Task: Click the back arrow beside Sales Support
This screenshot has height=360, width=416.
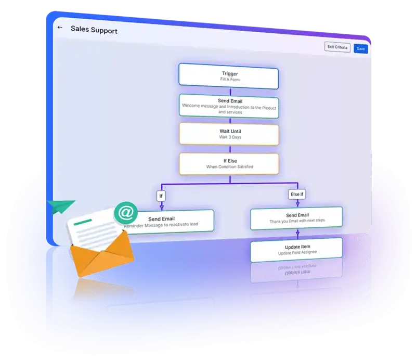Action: coord(60,28)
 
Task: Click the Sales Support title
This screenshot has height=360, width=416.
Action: coord(94,30)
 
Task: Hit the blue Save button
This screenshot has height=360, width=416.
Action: coord(360,48)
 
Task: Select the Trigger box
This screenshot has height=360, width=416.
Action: coord(229,74)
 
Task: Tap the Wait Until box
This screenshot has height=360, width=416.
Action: coord(229,134)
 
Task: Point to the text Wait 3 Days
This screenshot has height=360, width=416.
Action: coord(229,138)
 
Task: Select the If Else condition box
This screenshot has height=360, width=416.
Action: coord(229,163)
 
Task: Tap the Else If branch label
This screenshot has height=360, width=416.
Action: coord(297,195)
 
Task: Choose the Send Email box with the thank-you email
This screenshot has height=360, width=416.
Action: coord(297,218)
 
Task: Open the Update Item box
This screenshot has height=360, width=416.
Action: coord(297,250)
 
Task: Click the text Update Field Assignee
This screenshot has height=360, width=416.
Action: coord(297,253)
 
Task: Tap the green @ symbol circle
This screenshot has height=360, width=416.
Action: coord(125,213)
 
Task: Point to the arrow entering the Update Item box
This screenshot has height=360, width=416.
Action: coord(297,235)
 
